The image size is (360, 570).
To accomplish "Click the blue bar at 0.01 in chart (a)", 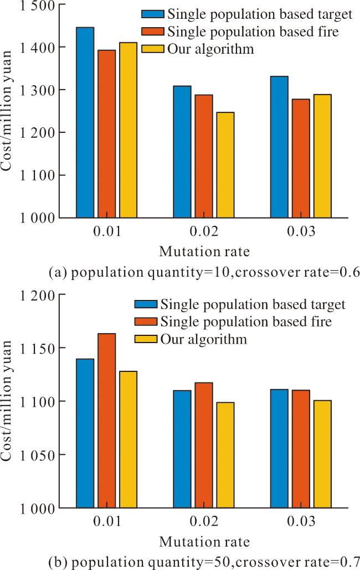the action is click(x=85, y=122).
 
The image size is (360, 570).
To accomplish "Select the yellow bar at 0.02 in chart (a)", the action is click(x=225, y=165).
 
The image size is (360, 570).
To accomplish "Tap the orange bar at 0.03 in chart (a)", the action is click(x=301, y=158).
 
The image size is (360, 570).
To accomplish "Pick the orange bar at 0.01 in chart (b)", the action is click(x=106, y=421).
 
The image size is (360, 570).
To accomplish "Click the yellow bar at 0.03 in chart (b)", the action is click(x=322, y=454).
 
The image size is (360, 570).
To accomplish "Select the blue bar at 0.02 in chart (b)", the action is click(x=182, y=449).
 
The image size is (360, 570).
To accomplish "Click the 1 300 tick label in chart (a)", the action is click(x=38, y=90).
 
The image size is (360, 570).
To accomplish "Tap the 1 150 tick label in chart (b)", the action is click(x=38, y=348).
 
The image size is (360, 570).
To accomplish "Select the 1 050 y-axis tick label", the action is click(x=38, y=455).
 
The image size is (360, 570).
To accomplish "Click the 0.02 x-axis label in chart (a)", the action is click(x=204, y=231).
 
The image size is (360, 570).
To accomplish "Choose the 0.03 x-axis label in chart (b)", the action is click(x=301, y=521).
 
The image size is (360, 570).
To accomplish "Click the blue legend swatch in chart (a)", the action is click(x=153, y=14).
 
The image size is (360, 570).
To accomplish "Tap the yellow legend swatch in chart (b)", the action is click(x=146, y=339).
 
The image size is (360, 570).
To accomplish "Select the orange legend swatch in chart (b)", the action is click(x=146, y=322).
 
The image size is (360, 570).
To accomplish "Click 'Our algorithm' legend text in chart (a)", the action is click(x=210, y=49).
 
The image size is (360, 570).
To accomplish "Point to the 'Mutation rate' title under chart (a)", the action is click(x=204, y=252).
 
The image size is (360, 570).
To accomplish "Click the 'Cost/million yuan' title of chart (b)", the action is click(x=7, y=401).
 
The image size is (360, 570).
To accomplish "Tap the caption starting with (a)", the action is click(x=204, y=273).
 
